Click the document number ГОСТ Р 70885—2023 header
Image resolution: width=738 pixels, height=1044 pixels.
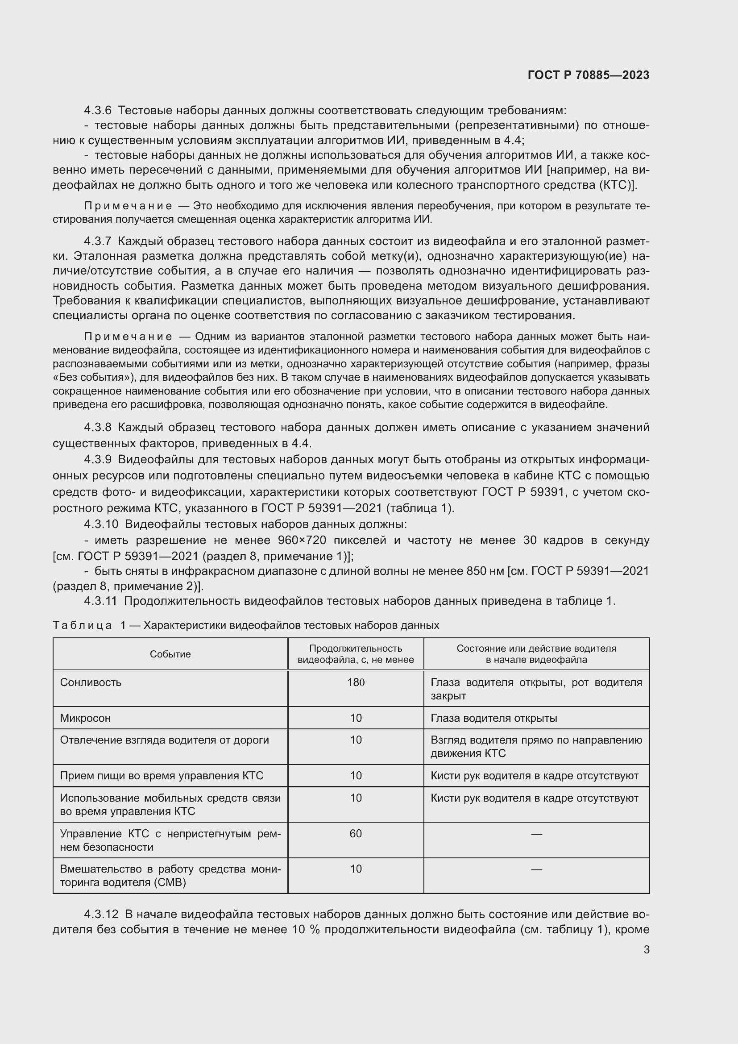[x=588, y=75]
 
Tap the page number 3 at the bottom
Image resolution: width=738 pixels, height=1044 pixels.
[x=646, y=949]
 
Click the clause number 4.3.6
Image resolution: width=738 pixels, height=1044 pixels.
[x=98, y=111]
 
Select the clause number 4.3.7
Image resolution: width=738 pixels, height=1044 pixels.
[x=98, y=241]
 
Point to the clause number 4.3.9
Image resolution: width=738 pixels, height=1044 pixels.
[x=98, y=459]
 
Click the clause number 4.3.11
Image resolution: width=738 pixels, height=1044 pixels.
[x=100, y=601]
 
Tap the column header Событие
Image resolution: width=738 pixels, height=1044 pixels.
[x=170, y=654]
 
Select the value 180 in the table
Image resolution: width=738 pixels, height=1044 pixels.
[x=355, y=682]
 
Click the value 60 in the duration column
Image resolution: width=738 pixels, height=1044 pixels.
[x=355, y=833]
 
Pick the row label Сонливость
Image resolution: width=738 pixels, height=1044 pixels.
[x=91, y=682]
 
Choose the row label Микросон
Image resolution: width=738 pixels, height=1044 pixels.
[x=85, y=718]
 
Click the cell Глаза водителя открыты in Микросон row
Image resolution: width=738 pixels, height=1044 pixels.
[x=493, y=718]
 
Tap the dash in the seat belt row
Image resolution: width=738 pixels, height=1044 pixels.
[x=536, y=834]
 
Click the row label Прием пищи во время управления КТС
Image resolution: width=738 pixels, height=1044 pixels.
[x=162, y=775]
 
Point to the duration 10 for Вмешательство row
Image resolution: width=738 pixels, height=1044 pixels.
[x=355, y=869]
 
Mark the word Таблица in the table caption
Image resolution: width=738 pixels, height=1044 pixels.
[x=82, y=625]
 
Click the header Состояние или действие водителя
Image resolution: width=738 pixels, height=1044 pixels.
[x=536, y=649]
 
